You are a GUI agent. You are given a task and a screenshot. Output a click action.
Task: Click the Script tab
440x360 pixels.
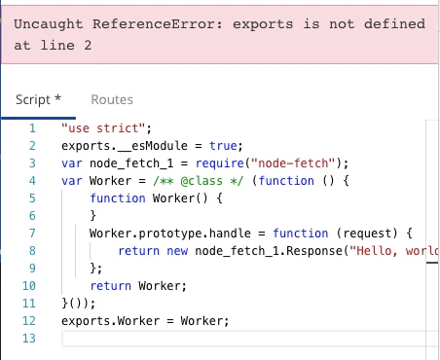click(x=38, y=99)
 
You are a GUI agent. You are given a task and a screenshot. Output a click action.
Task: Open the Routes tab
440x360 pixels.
click(x=112, y=99)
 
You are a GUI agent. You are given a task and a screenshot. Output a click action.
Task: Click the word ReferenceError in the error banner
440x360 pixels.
click(x=158, y=24)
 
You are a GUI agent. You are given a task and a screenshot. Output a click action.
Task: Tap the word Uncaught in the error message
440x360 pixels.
click(x=49, y=24)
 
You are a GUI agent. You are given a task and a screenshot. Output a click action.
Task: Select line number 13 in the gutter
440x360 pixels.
click(x=29, y=339)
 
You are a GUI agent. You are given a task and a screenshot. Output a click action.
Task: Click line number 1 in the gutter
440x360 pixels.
click(x=32, y=128)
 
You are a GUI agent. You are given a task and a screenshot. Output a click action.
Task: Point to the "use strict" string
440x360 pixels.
click(x=103, y=128)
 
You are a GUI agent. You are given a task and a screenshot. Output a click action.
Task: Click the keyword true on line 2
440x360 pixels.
click(x=223, y=146)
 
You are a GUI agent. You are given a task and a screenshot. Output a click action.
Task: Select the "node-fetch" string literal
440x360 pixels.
click(x=293, y=163)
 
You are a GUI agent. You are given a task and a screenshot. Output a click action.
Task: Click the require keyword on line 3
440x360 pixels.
click(x=220, y=163)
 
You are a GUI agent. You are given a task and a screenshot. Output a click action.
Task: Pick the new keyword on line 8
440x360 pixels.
click(x=177, y=251)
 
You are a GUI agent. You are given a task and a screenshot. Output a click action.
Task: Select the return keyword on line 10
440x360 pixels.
click(x=111, y=286)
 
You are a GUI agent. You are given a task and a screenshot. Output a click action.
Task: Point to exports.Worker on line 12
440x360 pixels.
click(x=111, y=321)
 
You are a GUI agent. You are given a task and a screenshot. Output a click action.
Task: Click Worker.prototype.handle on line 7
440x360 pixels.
click(x=170, y=234)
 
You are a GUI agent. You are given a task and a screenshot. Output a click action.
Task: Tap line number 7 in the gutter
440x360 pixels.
click(x=32, y=234)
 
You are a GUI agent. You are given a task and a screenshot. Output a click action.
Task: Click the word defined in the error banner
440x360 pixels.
click(x=394, y=24)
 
